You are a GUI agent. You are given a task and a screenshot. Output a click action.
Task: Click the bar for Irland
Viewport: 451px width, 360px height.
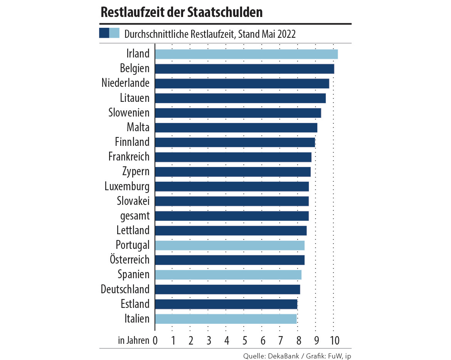pyautogui.click(x=246, y=54)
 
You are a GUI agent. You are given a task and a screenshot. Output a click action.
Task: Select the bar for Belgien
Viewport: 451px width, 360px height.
pyautogui.click(x=244, y=69)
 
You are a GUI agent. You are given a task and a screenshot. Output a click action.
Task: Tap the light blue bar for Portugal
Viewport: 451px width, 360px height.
pyautogui.click(x=230, y=245)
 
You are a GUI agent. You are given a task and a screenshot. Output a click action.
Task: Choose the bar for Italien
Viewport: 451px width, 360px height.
pyautogui.click(x=226, y=319)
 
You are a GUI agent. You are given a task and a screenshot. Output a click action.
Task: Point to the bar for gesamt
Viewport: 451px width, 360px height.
pyautogui.click(x=232, y=216)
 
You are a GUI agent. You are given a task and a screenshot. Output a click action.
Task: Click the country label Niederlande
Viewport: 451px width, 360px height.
pyautogui.click(x=125, y=83)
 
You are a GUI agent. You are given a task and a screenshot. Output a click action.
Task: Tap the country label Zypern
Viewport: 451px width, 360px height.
pyautogui.click(x=136, y=171)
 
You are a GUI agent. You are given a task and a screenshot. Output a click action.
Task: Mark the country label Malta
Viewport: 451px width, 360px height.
pyautogui.click(x=138, y=127)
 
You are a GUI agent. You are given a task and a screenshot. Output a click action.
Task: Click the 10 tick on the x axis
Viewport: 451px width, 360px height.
pyautogui.click(x=334, y=340)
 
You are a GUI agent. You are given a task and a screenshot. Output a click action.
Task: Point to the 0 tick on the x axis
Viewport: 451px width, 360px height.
pyautogui.click(x=155, y=340)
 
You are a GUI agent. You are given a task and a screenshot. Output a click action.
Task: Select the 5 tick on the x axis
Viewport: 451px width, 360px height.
pyautogui.click(x=244, y=340)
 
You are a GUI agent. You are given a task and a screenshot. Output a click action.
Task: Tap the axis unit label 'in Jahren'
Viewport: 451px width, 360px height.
pyautogui.click(x=133, y=340)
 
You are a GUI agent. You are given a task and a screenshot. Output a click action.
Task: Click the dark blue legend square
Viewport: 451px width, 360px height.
pyautogui.click(x=104, y=33)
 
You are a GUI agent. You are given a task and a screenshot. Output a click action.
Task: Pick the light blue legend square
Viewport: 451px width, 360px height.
pyautogui.click(x=114, y=33)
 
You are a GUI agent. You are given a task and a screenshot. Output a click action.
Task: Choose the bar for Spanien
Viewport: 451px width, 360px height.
pyautogui.click(x=228, y=275)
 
